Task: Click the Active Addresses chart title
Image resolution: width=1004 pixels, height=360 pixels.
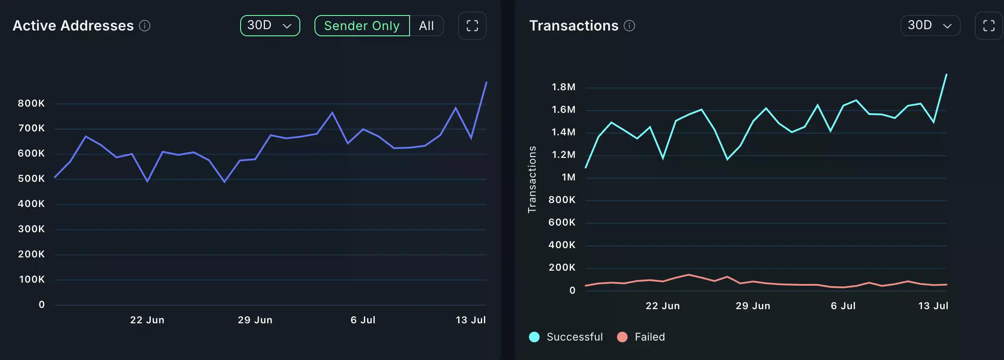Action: pyautogui.click(x=73, y=26)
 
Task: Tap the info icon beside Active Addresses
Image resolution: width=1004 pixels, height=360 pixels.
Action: pyautogui.click(x=145, y=26)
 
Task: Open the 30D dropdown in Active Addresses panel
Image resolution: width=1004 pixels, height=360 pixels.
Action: pyautogui.click(x=270, y=26)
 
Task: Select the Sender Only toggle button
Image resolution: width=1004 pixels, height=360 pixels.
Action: pyautogui.click(x=362, y=26)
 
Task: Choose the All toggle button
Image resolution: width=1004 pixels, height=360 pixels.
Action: pyautogui.click(x=426, y=26)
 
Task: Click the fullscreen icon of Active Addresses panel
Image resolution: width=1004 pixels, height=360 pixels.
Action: pyautogui.click(x=472, y=26)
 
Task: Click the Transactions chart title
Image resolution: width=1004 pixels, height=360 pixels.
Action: pyautogui.click(x=574, y=26)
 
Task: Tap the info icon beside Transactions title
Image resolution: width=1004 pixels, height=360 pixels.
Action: pyautogui.click(x=629, y=26)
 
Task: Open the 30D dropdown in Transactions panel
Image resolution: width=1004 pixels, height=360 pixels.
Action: pyautogui.click(x=930, y=26)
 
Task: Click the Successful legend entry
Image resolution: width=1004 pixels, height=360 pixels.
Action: pyautogui.click(x=566, y=337)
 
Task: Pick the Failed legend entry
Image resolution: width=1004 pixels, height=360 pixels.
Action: pyautogui.click(x=641, y=337)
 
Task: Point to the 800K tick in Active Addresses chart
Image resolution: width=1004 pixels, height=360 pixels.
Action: pyautogui.click(x=31, y=103)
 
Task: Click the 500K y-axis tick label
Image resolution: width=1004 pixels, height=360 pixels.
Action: pyautogui.click(x=31, y=179)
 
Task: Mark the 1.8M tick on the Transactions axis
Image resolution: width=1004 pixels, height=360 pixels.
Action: pyautogui.click(x=563, y=87)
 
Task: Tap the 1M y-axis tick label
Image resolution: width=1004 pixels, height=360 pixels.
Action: pyautogui.click(x=568, y=177)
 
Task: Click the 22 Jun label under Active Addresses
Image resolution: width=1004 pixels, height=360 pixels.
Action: pyautogui.click(x=147, y=320)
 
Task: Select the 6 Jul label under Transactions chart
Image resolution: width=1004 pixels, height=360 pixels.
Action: pyautogui.click(x=843, y=306)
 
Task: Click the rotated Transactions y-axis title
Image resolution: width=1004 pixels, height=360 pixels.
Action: pyautogui.click(x=532, y=180)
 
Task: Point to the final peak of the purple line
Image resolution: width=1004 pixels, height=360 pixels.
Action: pyautogui.click(x=486, y=82)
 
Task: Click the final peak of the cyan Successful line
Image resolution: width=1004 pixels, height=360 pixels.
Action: pyautogui.click(x=946, y=74)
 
